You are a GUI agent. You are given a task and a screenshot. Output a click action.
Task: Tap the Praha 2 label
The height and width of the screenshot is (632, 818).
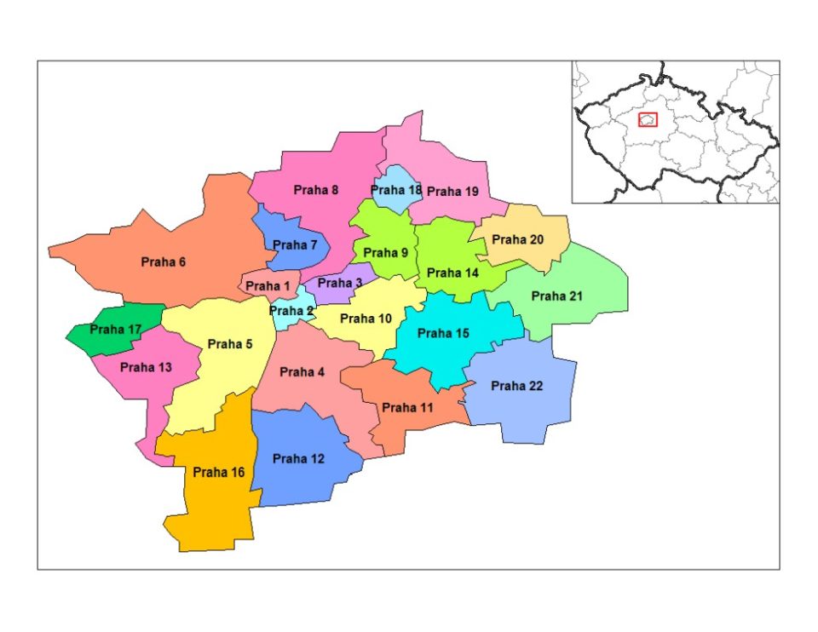point(291,311)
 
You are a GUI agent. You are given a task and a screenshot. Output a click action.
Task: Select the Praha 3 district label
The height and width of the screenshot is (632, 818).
point(340,283)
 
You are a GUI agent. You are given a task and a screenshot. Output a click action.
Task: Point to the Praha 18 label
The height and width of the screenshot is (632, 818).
point(396,190)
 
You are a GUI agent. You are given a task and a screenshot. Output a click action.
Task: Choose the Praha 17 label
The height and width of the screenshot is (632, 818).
point(116,329)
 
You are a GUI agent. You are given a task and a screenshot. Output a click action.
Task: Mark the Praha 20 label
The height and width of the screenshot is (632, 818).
point(517,239)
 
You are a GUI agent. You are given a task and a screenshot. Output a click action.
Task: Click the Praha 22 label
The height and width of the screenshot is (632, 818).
point(516,386)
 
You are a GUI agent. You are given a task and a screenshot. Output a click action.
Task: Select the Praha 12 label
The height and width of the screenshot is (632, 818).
point(298,459)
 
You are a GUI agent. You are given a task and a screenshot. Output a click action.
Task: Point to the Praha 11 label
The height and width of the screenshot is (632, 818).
point(407,408)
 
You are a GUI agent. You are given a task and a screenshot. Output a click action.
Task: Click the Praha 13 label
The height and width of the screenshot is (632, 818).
point(146,367)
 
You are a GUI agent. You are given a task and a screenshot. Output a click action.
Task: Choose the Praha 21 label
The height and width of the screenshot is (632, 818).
point(557,296)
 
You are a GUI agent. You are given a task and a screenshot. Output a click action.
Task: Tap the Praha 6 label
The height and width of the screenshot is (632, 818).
point(163,262)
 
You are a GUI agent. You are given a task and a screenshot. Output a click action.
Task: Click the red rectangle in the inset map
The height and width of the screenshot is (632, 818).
point(648,119)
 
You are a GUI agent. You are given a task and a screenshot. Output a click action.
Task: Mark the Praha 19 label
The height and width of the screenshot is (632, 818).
point(452,192)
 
